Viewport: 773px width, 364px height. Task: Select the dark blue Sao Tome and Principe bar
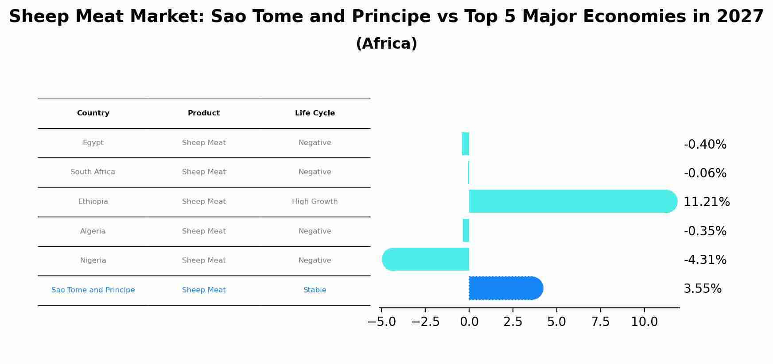(505, 288)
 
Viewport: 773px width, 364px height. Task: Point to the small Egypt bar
(465, 144)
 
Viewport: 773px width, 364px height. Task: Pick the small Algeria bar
(466, 230)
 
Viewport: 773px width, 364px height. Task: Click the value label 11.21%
(706, 202)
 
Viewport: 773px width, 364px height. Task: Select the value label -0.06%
(705, 173)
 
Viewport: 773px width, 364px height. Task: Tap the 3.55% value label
(702, 289)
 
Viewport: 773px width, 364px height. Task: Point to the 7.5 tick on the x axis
(600, 322)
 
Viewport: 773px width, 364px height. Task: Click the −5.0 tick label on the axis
(381, 322)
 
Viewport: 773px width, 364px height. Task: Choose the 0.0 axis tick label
(469, 322)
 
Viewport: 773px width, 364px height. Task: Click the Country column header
(93, 113)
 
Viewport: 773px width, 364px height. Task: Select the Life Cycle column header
(315, 113)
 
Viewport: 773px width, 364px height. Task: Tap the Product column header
(204, 113)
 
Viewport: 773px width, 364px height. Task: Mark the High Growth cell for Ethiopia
(315, 202)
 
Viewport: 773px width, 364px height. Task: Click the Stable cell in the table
(315, 290)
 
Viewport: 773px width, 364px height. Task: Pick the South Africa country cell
(93, 172)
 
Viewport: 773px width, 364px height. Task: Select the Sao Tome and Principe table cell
(93, 290)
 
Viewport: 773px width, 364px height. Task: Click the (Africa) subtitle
(386, 44)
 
